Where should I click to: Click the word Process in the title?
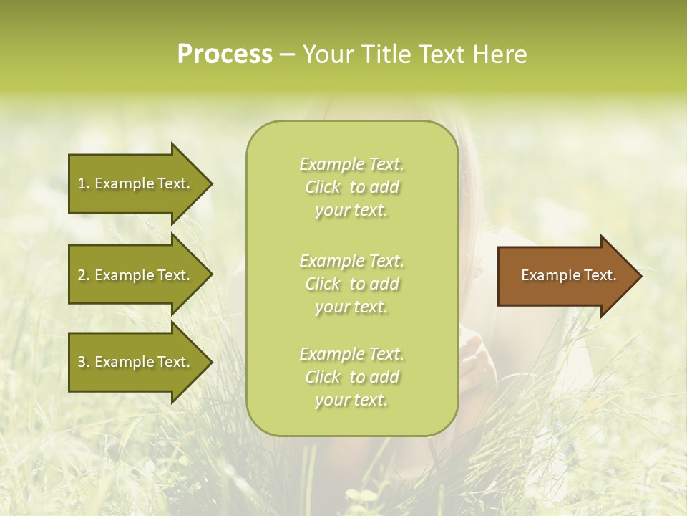225,54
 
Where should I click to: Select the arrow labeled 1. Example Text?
136,183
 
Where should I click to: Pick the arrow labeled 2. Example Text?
136,275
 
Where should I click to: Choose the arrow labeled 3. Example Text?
136,362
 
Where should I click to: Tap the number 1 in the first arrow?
82,183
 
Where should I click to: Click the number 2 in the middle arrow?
82,275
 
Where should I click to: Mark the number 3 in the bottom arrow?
82,362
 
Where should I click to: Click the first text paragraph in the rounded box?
352,187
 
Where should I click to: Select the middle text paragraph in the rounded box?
352,284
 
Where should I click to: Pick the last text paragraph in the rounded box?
352,377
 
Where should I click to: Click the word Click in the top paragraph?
323,187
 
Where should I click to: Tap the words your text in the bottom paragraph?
351,400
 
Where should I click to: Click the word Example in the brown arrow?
547,275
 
